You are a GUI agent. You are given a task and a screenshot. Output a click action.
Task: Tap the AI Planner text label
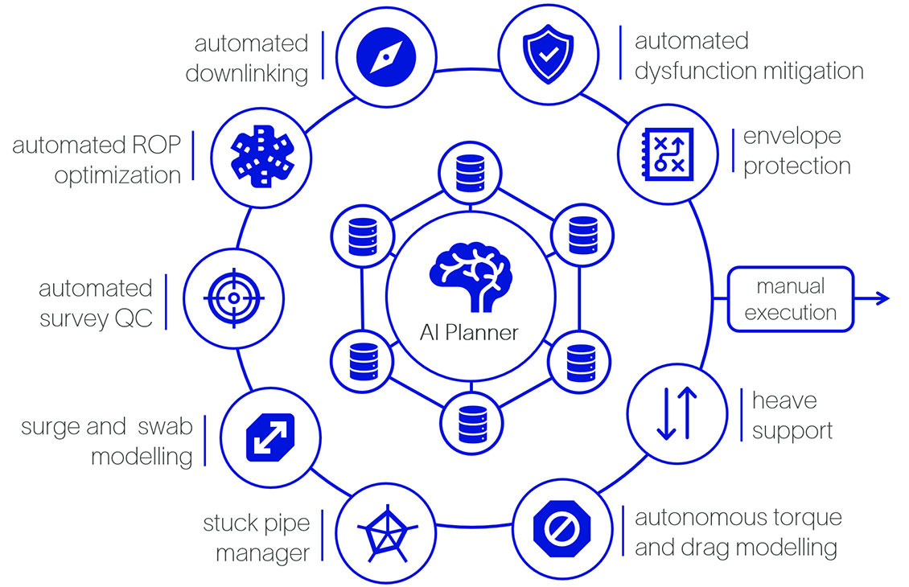click(470, 332)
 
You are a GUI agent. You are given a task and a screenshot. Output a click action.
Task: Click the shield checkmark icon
click(539, 55)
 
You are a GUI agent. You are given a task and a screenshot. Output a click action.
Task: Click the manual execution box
click(790, 299)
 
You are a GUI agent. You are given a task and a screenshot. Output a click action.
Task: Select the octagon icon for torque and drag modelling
click(563, 532)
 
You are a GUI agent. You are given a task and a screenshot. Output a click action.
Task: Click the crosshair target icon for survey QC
click(234, 298)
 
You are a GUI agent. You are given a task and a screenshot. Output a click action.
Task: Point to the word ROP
click(154, 146)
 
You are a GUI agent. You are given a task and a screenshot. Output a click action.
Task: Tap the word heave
click(784, 400)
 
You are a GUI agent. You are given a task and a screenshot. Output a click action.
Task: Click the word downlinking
click(247, 73)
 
